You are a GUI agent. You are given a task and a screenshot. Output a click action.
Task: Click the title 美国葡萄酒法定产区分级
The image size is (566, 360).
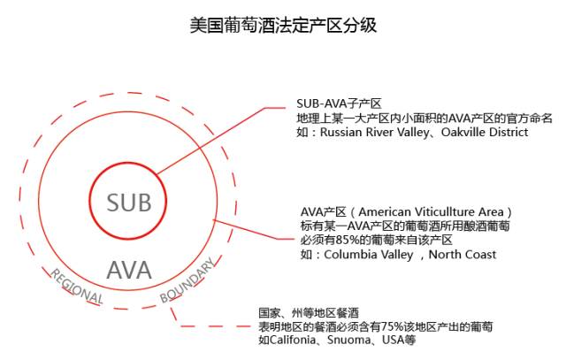pyautogui.click(x=283, y=25)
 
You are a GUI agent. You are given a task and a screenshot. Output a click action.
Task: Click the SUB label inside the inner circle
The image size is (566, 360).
pyautogui.click(x=129, y=203)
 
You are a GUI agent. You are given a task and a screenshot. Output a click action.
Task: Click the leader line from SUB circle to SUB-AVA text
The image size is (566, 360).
pyautogui.click(x=212, y=141)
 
